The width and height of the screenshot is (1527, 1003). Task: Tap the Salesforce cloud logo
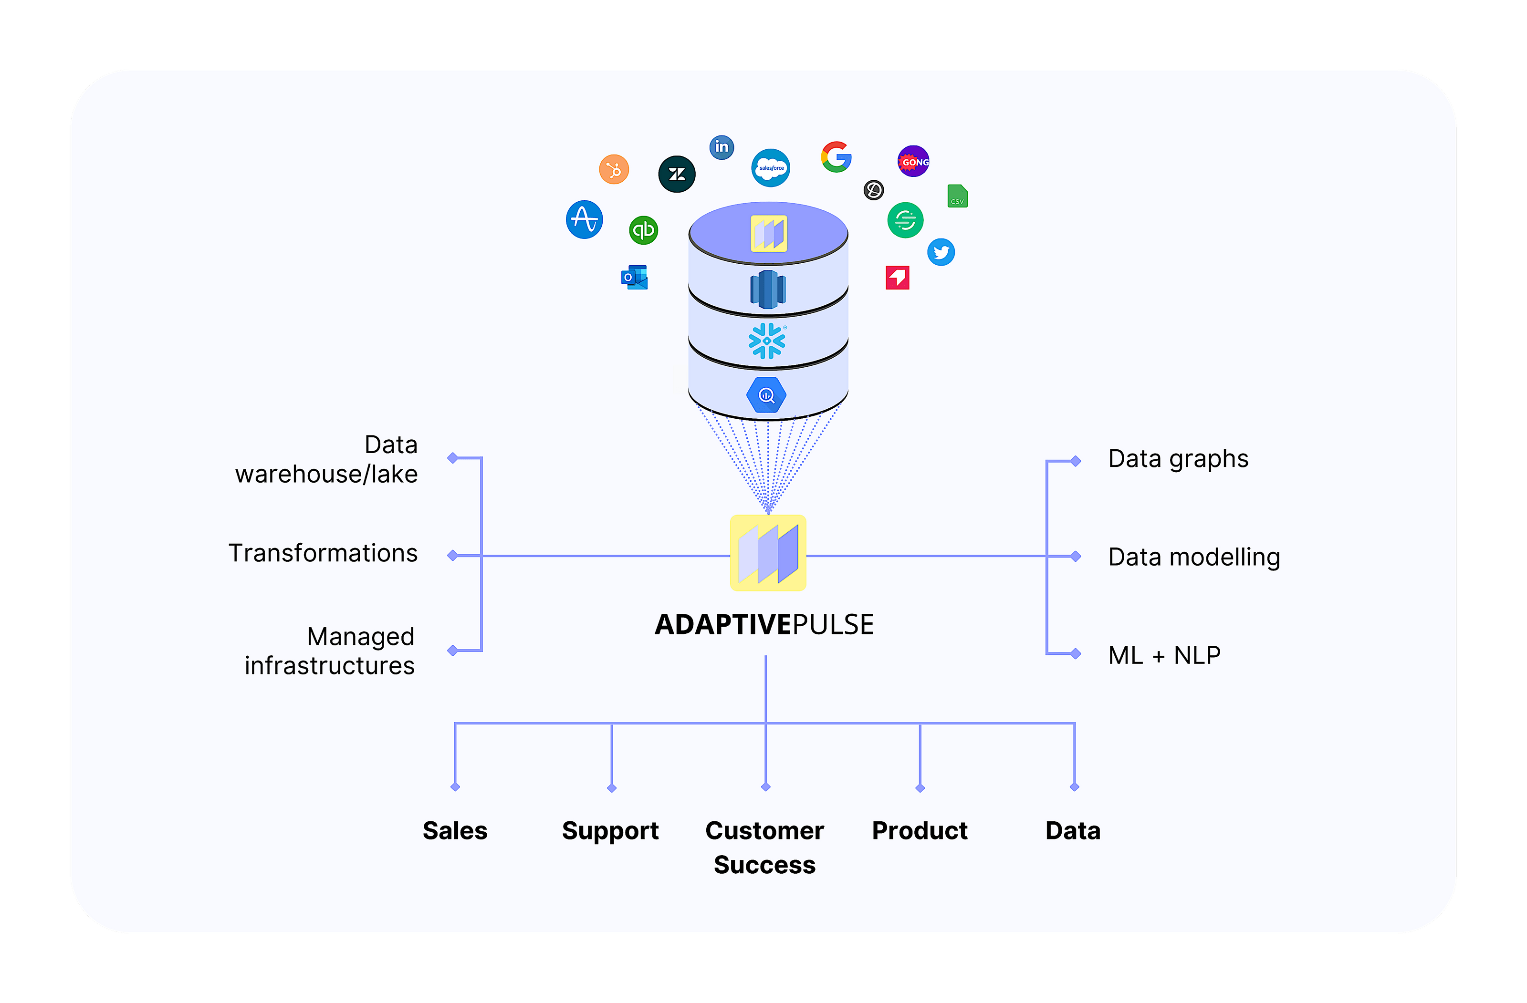click(x=771, y=168)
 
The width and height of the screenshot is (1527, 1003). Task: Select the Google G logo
click(x=836, y=157)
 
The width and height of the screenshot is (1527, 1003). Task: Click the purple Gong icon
click(x=913, y=162)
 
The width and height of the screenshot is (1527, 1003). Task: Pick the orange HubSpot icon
click(x=614, y=170)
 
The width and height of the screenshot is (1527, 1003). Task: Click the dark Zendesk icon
click(x=677, y=174)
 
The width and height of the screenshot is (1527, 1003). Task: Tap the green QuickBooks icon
click(x=644, y=229)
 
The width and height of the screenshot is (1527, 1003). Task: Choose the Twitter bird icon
click(x=941, y=252)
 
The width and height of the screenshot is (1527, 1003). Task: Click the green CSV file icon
click(x=957, y=196)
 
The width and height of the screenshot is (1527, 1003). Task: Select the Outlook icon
click(x=635, y=278)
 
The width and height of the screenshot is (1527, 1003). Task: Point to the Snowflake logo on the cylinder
click(x=767, y=341)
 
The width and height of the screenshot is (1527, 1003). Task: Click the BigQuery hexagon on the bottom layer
click(x=766, y=395)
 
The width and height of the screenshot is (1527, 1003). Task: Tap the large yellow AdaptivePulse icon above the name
click(x=768, y=553)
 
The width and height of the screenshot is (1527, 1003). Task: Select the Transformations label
click(x=323, y=553)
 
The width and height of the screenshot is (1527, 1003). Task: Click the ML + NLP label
click(x=1164, y=655)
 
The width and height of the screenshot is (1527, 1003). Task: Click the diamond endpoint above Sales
click(x=455, y=787)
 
